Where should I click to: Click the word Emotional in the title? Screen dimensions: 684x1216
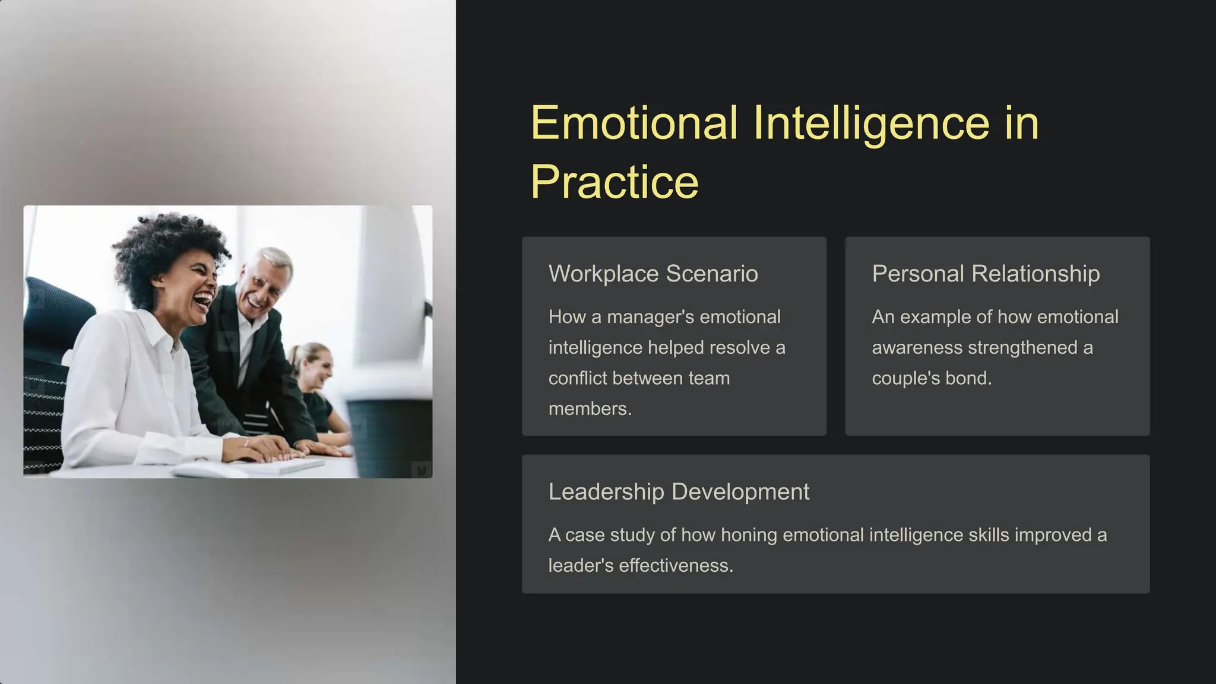click(x=634, y=123)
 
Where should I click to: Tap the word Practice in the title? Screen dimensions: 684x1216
click(x=614, y=182)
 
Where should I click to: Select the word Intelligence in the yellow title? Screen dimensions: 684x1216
click(x=871, y=123)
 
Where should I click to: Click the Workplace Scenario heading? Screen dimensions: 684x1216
click(x=653, y=274)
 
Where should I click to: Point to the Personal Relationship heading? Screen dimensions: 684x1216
click(x=985, y=274)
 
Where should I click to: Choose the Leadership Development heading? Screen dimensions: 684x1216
click(x=678, y=492)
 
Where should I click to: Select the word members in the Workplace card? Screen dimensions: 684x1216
click(x=588, y=409)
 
